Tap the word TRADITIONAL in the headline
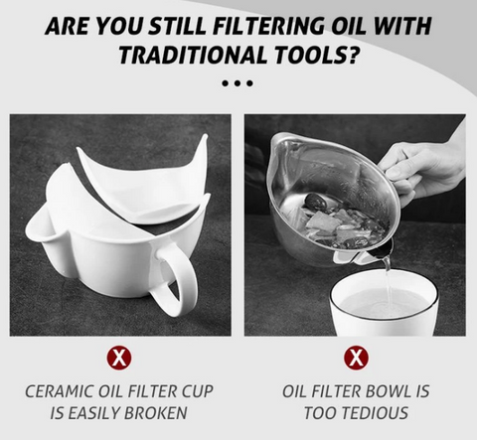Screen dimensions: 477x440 pyautogui.click(x=193, y=55)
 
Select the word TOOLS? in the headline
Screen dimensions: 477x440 pyautogui.click(x=315, y=55)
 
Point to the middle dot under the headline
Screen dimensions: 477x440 pyautogui.click(x=237, y=83)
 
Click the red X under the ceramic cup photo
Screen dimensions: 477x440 pyautogui.click(x=119, y=358)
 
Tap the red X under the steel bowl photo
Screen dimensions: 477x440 pyautogui.click(x=356, y=358)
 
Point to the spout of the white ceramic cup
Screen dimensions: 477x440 pyautogui.click(x=38, y=228)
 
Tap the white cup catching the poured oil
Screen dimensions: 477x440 pyautogui.click(x=385, y=305)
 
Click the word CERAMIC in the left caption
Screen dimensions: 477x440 pyautogui.click(x=59, y=391)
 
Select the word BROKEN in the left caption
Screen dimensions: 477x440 pyautogui.click(x=156, y=413)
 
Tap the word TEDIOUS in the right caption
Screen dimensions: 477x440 pyautogui.click(x=376, y=413)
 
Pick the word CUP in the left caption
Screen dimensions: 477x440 pyautogui.click(x=197, y=391)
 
